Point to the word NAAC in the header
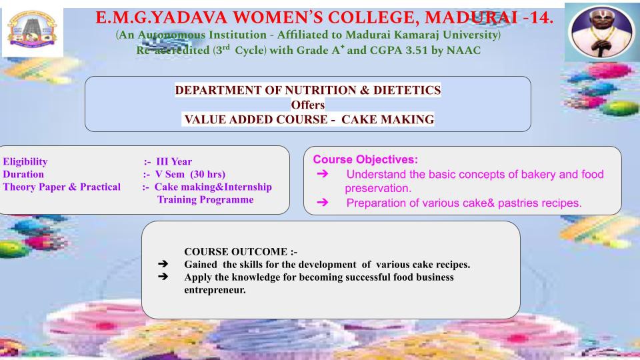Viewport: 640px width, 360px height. point(464,50)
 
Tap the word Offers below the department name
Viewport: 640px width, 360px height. point(308,105)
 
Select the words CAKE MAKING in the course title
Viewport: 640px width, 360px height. point(388,119)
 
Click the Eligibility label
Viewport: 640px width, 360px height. point(25,161)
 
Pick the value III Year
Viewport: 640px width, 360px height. point(174,161)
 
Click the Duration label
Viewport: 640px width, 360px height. point(23,174)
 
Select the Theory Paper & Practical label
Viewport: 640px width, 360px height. point(61,187)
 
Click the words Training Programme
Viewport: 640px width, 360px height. point(205,199)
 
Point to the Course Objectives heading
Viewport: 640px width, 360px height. point(365,159)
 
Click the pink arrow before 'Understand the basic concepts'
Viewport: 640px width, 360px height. point(323,174)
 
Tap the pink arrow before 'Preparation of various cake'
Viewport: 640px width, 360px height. point(323,203)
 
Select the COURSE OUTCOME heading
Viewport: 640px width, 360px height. point(241,251)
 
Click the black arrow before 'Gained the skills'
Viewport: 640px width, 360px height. point(163,264)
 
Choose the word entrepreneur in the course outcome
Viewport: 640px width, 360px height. point(215,290)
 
